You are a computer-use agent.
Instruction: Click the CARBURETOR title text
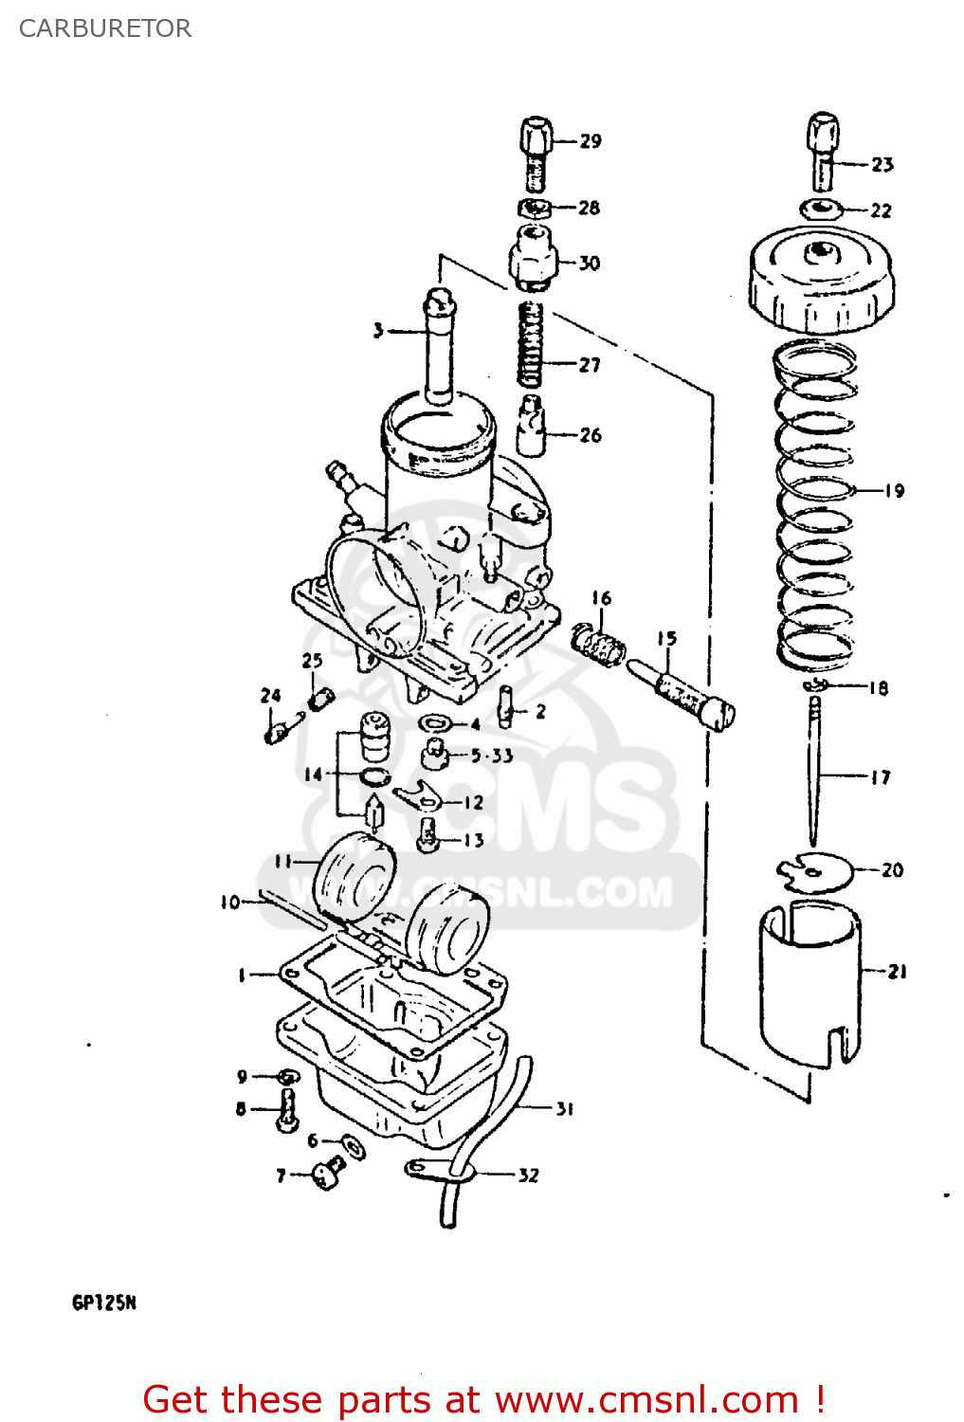105,28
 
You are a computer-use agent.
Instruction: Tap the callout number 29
591,141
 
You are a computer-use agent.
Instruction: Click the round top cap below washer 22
821,279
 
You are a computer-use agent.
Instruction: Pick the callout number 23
882,165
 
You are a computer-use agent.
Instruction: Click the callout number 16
602,598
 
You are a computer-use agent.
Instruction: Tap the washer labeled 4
435,724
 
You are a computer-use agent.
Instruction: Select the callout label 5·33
492,756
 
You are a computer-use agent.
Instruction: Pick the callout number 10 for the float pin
230,902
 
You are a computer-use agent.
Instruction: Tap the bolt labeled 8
288,1109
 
